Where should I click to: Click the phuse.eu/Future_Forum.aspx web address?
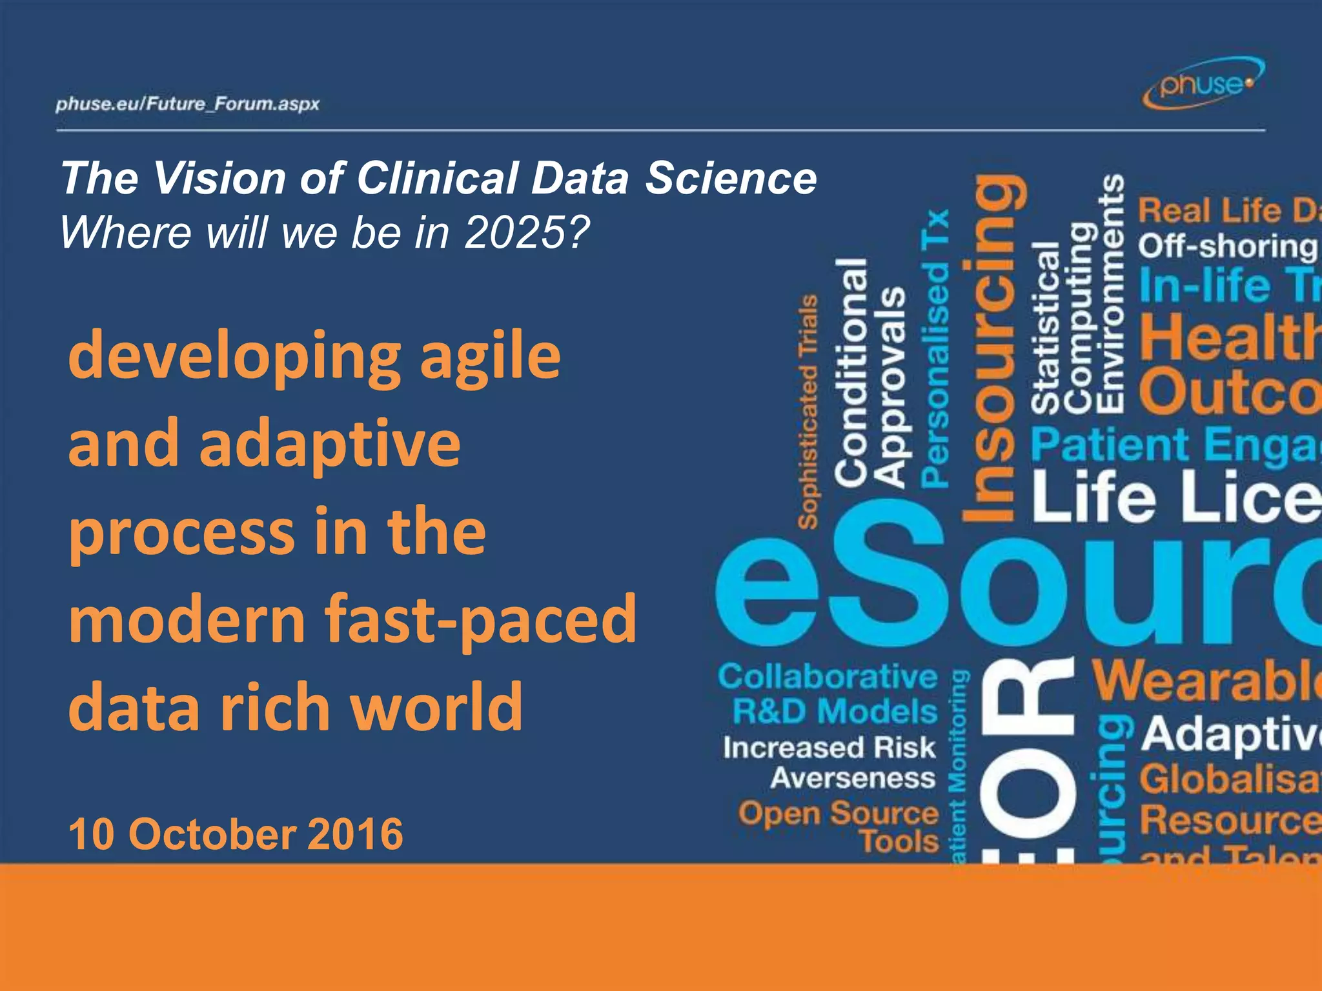[187, 104]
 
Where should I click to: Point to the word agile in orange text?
[491, 357]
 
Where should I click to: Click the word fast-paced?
[481, 619]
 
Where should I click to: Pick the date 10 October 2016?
[236, 834]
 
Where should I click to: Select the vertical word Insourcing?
[994, 348]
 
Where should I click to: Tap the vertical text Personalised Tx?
[935, 348]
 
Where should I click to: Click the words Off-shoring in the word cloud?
[1226, 246]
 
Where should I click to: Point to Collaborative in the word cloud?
[828, 677]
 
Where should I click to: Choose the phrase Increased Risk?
[829, 748]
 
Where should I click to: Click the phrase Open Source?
[838, 813]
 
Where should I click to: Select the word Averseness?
[852, 778]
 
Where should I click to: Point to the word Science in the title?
[731, 178]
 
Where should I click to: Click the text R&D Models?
[834, 712]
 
